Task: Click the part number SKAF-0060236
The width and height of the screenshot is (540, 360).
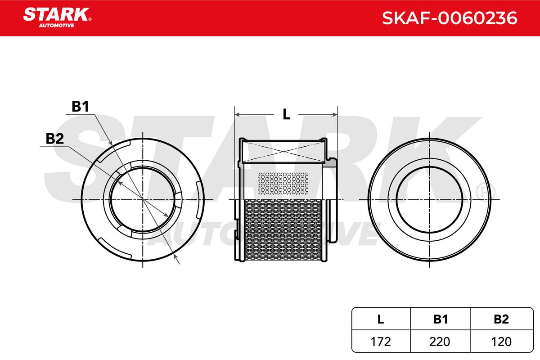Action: pos(450,18)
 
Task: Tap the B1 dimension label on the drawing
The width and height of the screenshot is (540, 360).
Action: pos(80,106)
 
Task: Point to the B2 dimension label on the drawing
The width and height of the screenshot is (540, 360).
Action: pos(55,139)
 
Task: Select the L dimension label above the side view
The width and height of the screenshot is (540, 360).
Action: pos(286,114)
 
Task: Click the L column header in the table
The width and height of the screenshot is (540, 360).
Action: pos(380,319)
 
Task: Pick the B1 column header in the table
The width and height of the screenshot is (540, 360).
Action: pos(440,319)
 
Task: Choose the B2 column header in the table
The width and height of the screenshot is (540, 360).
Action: pos(501,319)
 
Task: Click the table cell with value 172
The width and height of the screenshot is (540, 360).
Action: pos(380,342)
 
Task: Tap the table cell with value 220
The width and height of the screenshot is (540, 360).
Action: pos(440,342)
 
